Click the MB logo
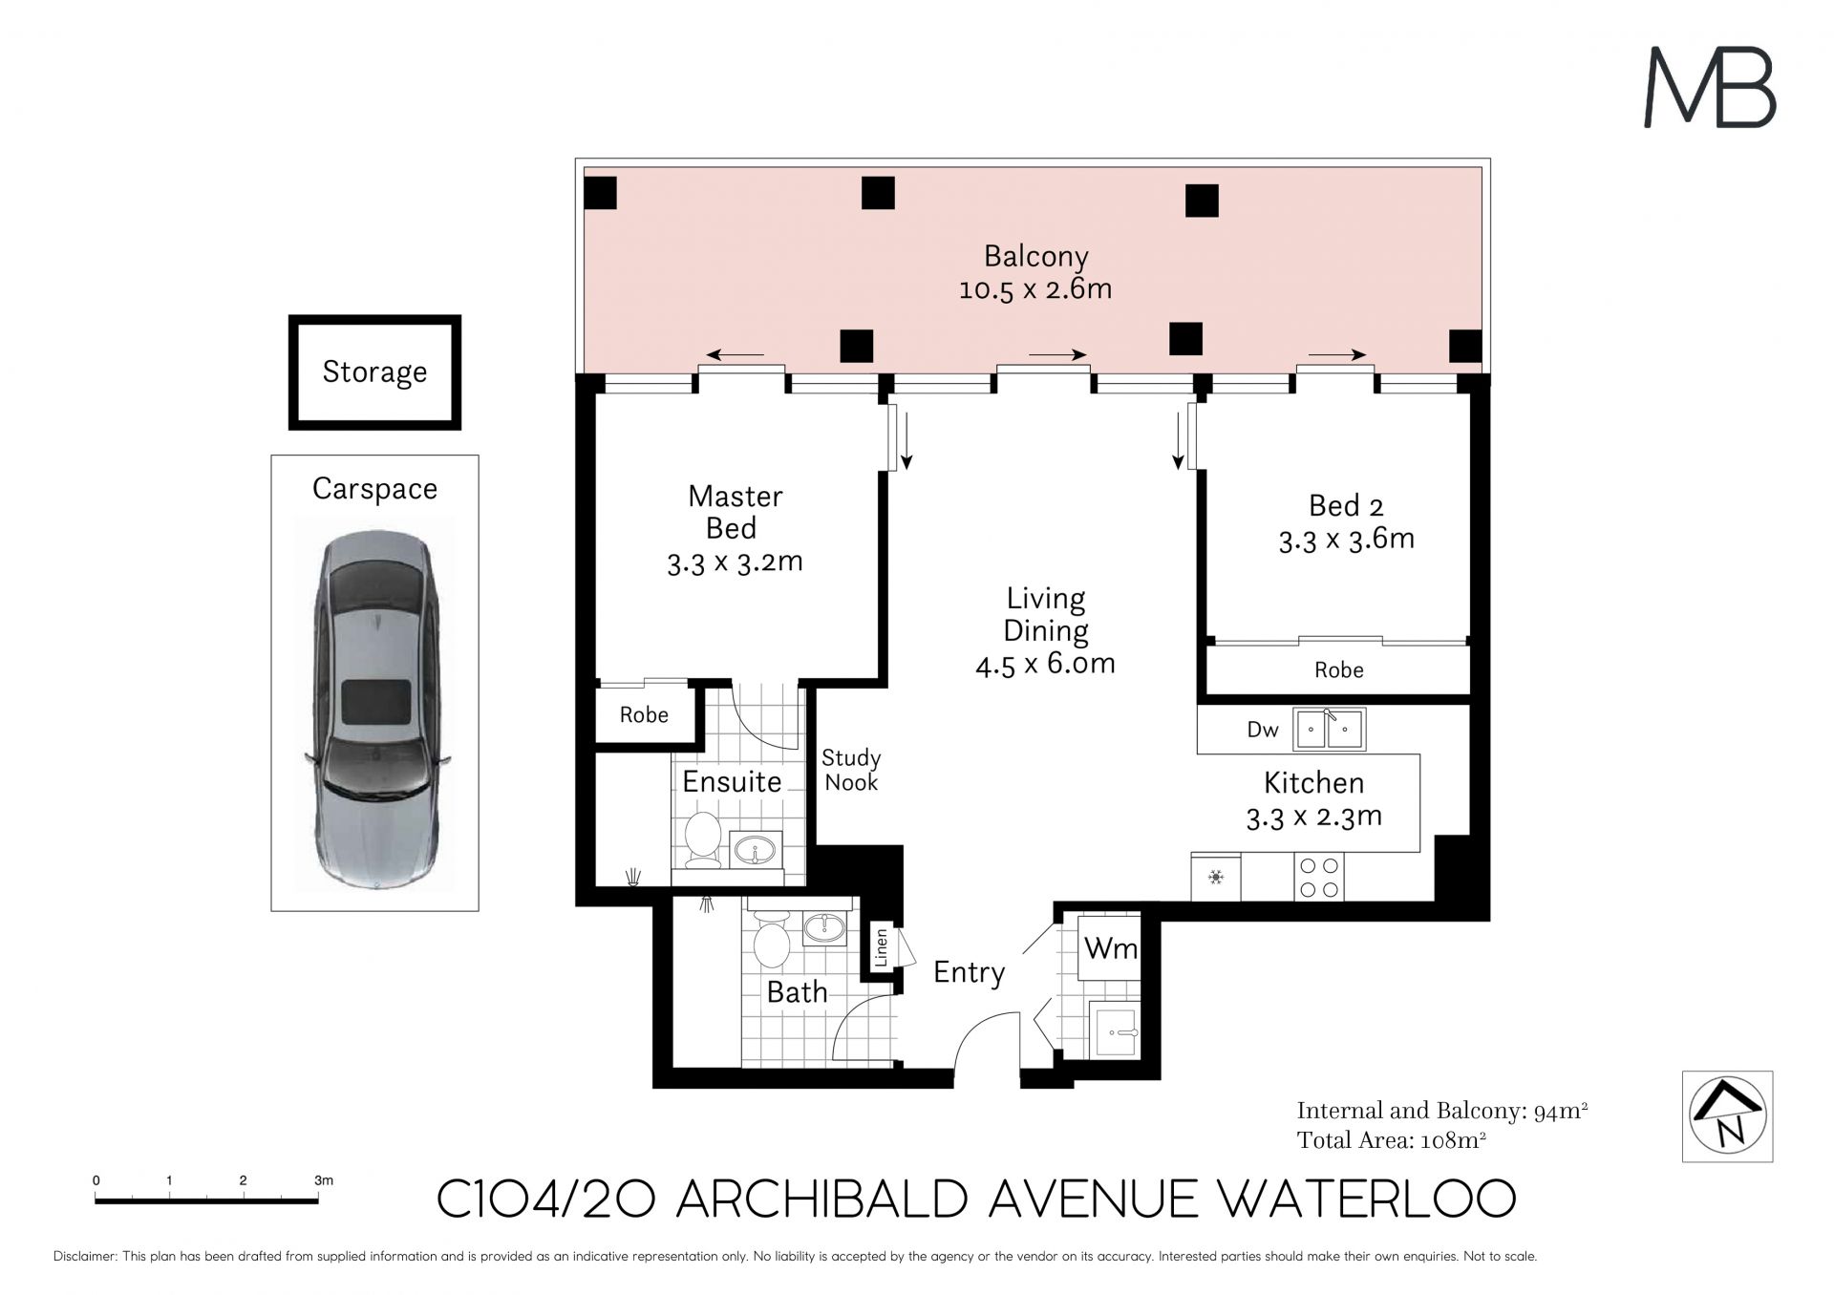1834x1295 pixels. (1709, 88)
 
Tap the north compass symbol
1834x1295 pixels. (1727, 1116)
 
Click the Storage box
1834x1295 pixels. (374, 372)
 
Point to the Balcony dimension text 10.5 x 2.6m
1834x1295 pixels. (1035, 288)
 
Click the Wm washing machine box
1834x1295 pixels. (1109, 947)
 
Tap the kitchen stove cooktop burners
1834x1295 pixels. (1319, 878)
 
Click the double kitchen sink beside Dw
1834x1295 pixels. (1329, 730)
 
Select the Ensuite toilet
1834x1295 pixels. (703, 839)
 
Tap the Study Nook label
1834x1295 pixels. (851, 770)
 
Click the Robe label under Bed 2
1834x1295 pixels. (1338, 670)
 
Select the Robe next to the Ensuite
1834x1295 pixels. (644, 714)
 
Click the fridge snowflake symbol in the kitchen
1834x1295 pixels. (1216, 877)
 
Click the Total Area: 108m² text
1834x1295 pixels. (1391, 1140)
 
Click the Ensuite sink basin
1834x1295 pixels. (757, 848)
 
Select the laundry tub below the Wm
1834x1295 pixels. (1114, 1030)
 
